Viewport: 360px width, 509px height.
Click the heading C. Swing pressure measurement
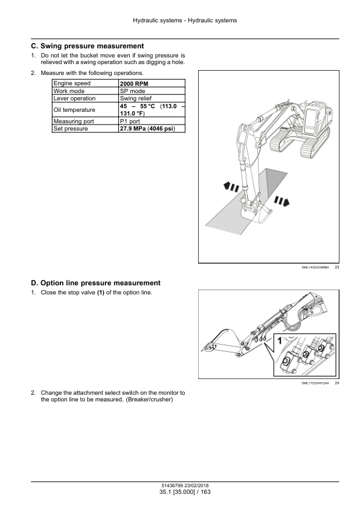click(x=87, y=46)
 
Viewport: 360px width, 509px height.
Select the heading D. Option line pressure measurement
click(x=95, y=283)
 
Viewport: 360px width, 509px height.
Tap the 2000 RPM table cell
click(x=152, y=83)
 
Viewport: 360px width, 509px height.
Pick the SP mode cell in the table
click(x=152, y=91)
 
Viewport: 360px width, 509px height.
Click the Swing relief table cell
click(x=152, y=99)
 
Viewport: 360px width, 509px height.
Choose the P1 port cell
click(x=152, y=121)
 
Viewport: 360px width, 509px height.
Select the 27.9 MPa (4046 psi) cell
click(x=152, y=129)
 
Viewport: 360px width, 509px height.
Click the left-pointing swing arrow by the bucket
click(x=231, y=187)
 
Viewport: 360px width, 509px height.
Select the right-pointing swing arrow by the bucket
click(x=281, y=201)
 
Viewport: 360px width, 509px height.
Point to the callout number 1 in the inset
click(x=280, y=341)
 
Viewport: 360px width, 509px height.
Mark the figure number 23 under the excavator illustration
click(x=337, y=267)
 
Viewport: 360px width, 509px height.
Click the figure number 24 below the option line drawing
click(x=337, y=383)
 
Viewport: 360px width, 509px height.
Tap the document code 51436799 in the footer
click(x=172, y=485)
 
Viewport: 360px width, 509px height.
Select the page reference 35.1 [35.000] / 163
click(x=185, y=492)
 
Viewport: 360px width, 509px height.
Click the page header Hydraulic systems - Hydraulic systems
click(x=185, y=21)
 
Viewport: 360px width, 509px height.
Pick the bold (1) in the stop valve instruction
click(x=100, y=293)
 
